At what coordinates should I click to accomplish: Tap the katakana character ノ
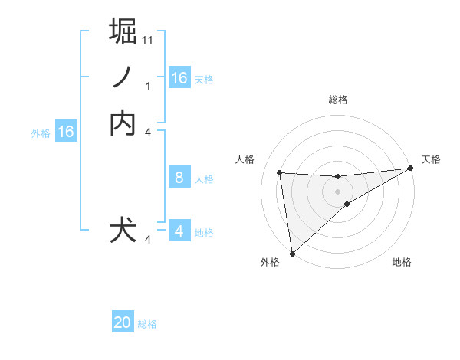click(123, 77)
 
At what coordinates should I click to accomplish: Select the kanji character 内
click(123, 123)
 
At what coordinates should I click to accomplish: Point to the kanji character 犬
click(123, 230)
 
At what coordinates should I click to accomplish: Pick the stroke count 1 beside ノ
click(148, 87)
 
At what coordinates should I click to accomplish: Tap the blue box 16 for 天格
click(179, 78)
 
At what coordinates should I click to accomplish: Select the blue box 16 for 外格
click(66, 132)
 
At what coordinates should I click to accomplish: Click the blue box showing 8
click(179, 178)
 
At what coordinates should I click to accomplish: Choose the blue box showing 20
click(123, 323)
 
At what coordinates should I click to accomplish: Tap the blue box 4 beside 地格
click(179, 231)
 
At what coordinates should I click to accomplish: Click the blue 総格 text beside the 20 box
click(147, 324)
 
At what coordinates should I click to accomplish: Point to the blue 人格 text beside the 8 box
click(204, 179)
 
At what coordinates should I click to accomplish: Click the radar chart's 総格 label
click(338, 100)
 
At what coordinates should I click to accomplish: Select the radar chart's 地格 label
click(402, 263)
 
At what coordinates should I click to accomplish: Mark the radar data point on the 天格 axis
click(410, 169)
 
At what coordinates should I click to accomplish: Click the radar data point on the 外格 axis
click(291, 254)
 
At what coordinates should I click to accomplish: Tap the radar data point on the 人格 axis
click(280, 172)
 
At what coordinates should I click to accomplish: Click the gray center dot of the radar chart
click(338, 191)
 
